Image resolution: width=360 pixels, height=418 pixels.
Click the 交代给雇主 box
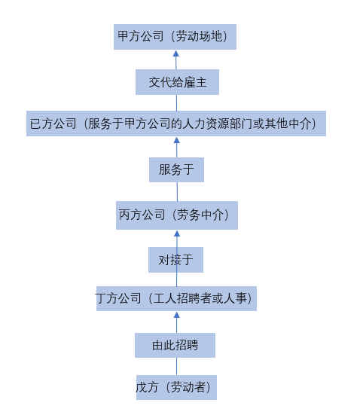pos(177,82)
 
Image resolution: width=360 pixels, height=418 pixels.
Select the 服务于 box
pos(176,169)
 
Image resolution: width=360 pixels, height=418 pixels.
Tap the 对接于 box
pos(175,260)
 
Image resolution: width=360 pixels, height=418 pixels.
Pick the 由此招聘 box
pos(175,345)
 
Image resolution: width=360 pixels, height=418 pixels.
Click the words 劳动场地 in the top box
pos(199,36)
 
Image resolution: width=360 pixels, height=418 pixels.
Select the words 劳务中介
pos(200,215)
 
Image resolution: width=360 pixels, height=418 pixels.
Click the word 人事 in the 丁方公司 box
pos(236,298)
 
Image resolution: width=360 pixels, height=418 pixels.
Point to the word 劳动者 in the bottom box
pos(188,387)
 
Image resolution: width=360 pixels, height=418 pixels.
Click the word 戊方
pos(147,387)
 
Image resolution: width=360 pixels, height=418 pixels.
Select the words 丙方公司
pos(142,215)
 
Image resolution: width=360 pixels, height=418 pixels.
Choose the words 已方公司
pos(53,124)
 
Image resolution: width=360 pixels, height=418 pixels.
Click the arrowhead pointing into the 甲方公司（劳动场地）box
pos(175,53)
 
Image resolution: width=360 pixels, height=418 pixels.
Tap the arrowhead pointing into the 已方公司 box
pos(176,140)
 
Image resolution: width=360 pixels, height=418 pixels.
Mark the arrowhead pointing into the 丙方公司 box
pos(177,233)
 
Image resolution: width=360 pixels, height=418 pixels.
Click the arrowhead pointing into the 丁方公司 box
pos(176,315)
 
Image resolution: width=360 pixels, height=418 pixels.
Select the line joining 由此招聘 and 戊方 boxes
pos(176,366)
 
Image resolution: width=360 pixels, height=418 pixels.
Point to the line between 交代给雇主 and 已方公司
pos(176,103)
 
